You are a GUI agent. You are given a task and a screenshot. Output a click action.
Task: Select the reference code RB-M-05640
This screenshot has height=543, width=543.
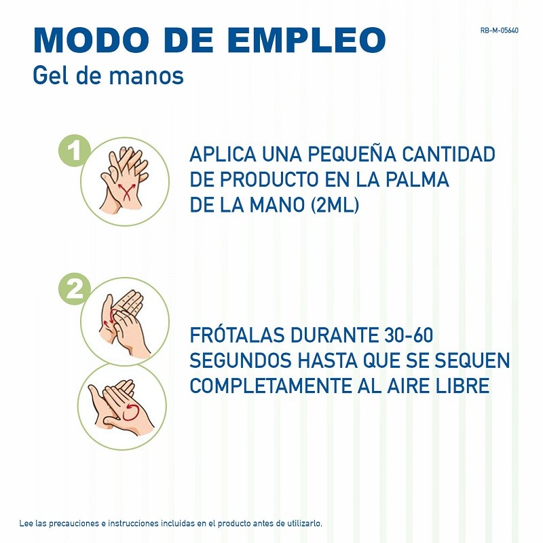click(499, 31)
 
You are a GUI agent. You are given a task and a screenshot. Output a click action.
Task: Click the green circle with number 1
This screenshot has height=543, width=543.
click(75, 151)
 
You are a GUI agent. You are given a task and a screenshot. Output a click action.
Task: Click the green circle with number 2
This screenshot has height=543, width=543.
click(75, 289)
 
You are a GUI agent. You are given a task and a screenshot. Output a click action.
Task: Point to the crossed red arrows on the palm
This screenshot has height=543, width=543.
click(126, 191)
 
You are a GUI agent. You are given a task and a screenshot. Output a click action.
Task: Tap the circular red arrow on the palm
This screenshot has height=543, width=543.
click(130, 412)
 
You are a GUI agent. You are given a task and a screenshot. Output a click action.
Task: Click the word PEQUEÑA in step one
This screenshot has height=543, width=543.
click(352, 154)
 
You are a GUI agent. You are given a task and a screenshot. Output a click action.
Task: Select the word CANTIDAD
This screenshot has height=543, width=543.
click(449, 154)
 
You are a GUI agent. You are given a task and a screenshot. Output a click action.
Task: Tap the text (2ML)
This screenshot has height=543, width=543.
click(335, 205)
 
